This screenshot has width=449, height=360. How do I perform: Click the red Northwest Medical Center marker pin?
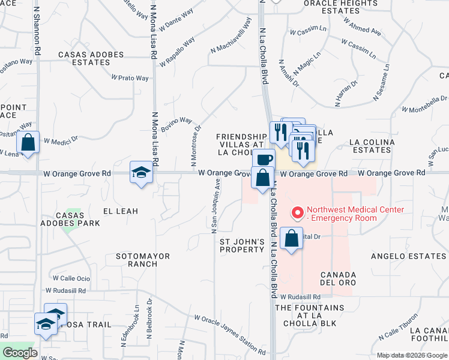pos(297,213)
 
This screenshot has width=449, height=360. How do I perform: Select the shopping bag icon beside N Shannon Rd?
pos(28,143)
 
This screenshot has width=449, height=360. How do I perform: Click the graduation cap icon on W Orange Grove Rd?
pos(141,173)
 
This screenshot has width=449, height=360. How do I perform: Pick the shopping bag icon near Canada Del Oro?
pos(291,238)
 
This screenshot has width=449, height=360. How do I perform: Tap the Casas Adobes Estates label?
pos(91,58)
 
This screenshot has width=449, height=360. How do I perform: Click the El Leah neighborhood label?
pos(121,211)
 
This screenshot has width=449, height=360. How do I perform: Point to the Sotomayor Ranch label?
pos(143,260)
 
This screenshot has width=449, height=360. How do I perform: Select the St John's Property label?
pos(242,245)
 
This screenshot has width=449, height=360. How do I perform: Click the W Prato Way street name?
pos(130,78)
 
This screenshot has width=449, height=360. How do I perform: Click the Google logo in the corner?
pos(20,353)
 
